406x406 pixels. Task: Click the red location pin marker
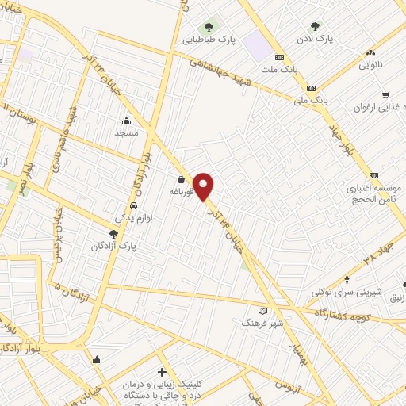tap(205, 186)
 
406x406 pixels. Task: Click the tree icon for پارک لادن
tap(316, 25)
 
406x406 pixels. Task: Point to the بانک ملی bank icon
tap(312, 88)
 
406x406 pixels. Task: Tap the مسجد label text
tap(127, 133)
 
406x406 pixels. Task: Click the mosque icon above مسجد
tap(127, 121)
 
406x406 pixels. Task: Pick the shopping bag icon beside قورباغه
tap(182, 180)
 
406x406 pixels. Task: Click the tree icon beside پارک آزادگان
tap(114, 233)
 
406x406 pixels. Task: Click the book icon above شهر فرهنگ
tap(263, 310)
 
